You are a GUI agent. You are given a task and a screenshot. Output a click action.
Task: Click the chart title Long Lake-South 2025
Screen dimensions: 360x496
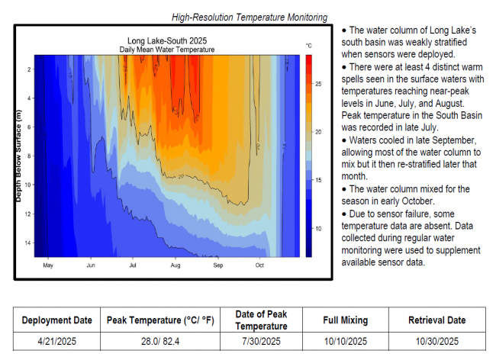pos(166,40)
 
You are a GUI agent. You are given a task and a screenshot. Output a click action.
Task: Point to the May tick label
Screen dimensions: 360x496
pos(47,266)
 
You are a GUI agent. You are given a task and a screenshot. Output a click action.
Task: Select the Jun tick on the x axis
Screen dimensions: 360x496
pos(91,266)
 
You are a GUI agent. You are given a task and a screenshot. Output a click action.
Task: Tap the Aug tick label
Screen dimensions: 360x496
pos(176,266)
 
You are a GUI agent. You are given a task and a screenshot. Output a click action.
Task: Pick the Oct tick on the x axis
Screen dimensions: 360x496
pos(259,266)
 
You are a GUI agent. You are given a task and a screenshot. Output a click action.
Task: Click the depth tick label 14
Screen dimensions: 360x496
pos(28,243)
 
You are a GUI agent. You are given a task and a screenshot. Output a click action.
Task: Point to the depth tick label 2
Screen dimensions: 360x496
pos(29,69)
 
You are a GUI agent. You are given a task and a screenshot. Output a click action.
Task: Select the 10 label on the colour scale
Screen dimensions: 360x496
pos(319,229)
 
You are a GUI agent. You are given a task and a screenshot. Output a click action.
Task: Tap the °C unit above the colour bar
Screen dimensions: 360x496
pos(309,46)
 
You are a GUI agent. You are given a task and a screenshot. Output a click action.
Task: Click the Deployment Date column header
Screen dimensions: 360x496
pos(57,320)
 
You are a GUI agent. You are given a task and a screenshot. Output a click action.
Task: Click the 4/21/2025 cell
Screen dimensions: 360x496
pos(57,341)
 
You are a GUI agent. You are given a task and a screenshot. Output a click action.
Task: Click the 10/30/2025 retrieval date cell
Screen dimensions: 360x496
pos(437,341)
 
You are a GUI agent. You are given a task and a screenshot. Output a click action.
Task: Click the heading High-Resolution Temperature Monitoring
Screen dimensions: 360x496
pos(250,17)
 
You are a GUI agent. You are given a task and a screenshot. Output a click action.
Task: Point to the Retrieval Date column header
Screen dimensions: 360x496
pos(437,320)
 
